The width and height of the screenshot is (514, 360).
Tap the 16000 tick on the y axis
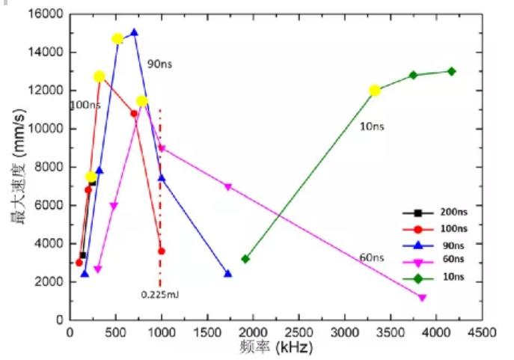46,14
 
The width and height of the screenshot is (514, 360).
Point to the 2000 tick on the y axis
49,281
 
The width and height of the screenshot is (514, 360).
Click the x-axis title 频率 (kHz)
278,347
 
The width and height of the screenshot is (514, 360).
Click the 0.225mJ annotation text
160,294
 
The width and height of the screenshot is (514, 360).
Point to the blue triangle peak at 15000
134,33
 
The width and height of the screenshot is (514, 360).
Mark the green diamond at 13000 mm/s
451,71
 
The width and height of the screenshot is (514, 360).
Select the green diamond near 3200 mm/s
245,259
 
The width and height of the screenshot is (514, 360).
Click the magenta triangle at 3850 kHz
423,297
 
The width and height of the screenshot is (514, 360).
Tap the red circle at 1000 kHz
161,251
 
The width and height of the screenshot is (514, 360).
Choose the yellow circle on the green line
375,91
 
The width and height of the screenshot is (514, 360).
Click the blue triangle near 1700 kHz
227,274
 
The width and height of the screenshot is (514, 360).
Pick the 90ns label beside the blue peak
159,64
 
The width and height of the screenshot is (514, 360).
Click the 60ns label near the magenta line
371,257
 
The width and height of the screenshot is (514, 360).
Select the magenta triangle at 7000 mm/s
228,186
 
